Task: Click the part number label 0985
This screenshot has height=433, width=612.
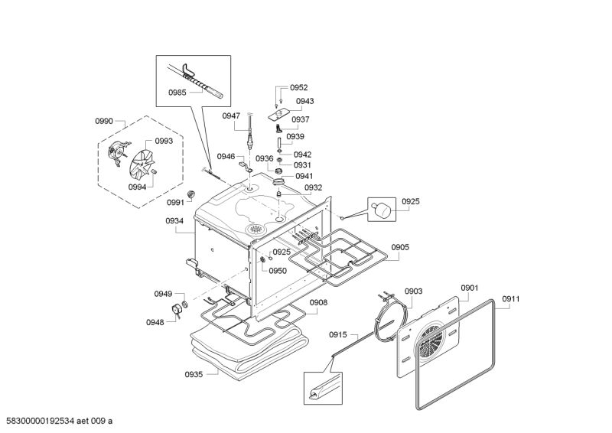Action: click(178, 93)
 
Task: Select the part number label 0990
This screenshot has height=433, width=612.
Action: click(104, 122)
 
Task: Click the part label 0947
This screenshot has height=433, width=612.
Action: click(232, 116)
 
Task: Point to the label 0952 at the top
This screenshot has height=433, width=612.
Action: click(299, 88)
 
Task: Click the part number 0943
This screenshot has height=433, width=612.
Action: click(304, 101)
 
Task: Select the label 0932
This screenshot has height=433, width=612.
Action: click(313, 187)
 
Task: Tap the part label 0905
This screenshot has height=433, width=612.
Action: click(400, 247)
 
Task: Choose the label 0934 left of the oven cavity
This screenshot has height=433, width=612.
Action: click(174, 221)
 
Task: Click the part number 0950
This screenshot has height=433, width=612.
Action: click(278, 271)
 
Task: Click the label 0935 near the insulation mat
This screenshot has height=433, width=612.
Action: click(194, 375)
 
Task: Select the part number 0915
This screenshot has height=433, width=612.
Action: click(338, 335)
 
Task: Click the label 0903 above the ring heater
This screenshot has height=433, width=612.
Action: click(413, 291)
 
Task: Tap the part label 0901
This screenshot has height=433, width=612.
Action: click(469, 288)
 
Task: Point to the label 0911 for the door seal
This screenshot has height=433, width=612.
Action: click(511, 298)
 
